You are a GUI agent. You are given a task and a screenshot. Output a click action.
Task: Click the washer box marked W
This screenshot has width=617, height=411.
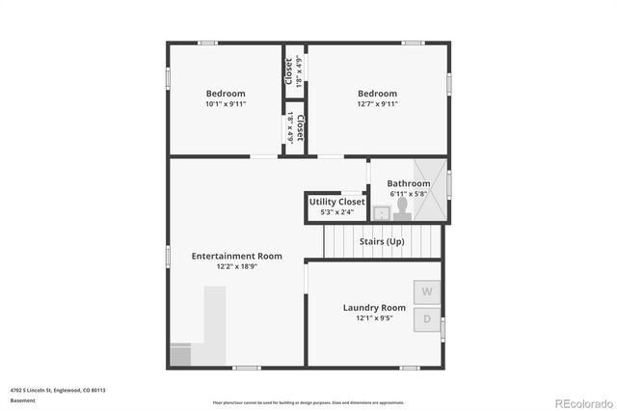tap(426, 290)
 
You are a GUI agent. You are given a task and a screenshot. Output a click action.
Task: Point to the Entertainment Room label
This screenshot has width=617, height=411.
tap(236, 256)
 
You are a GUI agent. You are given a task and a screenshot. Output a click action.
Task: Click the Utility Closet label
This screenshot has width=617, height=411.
tap(337, 202)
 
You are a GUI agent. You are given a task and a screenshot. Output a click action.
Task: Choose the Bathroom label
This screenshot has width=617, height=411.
tap(409, 183)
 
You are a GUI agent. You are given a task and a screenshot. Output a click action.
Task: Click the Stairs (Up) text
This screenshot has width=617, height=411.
tap(382, 241)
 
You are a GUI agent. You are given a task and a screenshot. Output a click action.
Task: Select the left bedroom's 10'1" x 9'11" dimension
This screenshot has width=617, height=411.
tap(226, 104)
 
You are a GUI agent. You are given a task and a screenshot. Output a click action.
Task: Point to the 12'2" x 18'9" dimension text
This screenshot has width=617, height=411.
tap(236, 266)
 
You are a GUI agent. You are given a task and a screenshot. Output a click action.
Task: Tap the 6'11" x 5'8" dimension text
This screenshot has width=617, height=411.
tap(409, 194)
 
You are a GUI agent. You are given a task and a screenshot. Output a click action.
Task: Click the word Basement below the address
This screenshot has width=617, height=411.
tap(22, 399)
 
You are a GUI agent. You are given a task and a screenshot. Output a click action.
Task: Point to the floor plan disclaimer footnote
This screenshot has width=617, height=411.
tap(308, 402)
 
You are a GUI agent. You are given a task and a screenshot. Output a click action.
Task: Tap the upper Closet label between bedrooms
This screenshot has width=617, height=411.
tap(288, 70)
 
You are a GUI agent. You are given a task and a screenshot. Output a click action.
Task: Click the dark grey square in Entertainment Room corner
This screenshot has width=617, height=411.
tap(181, 355)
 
